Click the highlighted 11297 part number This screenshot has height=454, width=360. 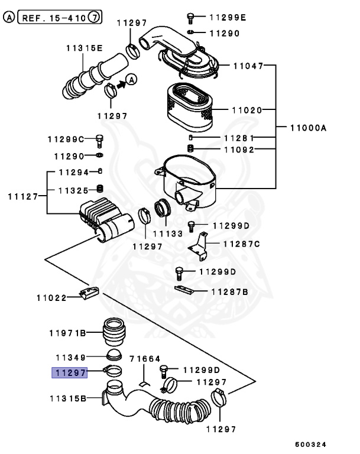coord(70,372)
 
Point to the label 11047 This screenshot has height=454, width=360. coord(248,66)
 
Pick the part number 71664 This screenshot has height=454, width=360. coord(145,359)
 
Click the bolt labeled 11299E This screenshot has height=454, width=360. coord(191,17)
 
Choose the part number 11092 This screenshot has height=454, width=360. coord(239,150)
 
